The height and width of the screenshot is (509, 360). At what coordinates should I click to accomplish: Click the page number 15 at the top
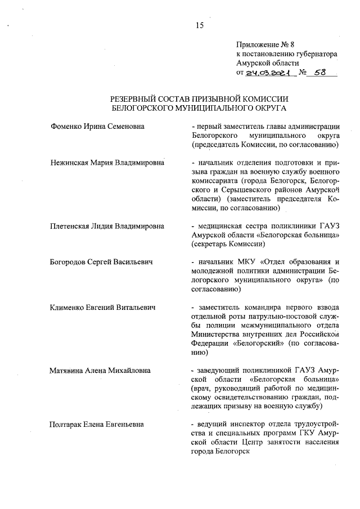point(199,25)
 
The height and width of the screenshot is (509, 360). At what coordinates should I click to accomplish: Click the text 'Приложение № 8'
point(262,44)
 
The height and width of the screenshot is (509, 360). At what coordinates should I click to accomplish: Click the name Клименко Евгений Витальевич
point(102,307)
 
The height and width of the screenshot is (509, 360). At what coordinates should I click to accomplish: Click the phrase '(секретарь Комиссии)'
point(228,244)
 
